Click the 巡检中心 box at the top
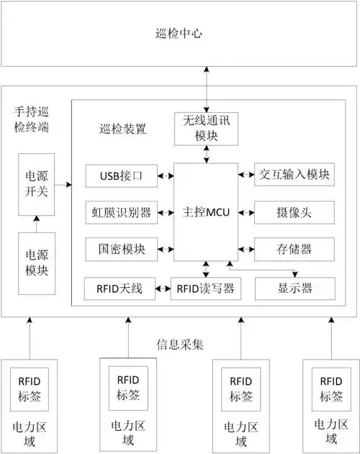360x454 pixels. (x=179, y=33)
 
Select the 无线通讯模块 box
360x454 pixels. (x=207, y=127)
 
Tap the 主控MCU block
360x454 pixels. (x=207, y=213)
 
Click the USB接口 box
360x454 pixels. (x=120, y=175)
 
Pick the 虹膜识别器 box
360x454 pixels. (x=120, y=212)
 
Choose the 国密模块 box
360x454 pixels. (x=120, y=250)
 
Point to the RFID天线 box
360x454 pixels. (x=120, y=289)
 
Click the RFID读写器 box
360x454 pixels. (x=205, y=289)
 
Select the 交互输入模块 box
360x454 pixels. (x=294, y=175)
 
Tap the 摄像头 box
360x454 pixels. (x=294, y=212)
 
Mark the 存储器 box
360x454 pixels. (x=294, y=250)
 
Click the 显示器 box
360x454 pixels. (x=294, y=289)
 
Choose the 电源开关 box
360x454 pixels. (x=37, y=183)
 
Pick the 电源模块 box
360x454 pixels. (x=37, y=263)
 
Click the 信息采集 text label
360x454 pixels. (x=179, y=344)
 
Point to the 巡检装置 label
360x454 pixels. (x=123, y=130)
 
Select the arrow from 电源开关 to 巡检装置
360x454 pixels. (x=63, y=185)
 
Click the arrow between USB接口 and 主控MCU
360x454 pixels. (x=165, y=175)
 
